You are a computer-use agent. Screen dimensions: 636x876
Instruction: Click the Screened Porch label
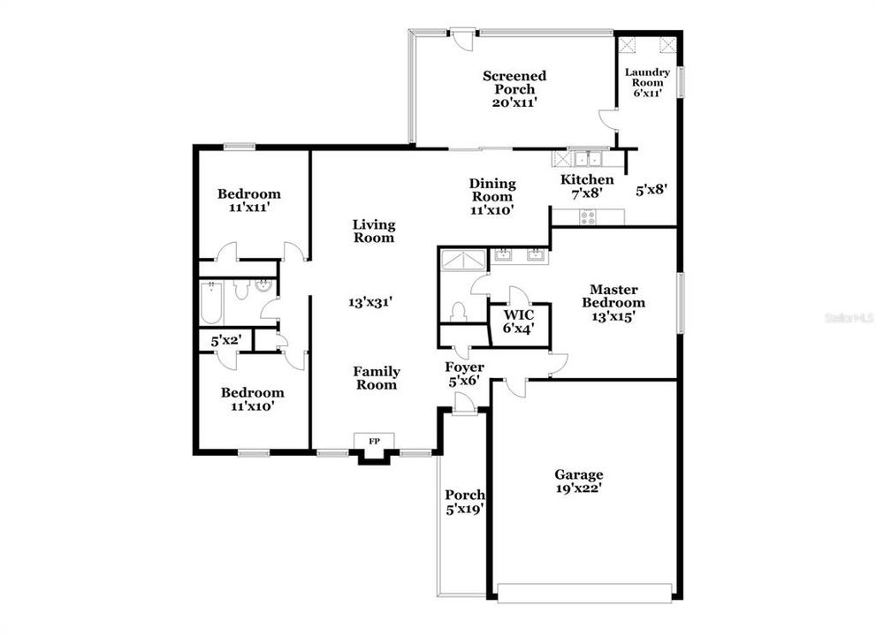pyautogui.click(x=514, y=88)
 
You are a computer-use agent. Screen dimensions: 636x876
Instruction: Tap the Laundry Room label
pyautogui.click(x=647, y=82)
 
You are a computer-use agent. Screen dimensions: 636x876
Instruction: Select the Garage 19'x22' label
pyautogui.click(x=579, y=481)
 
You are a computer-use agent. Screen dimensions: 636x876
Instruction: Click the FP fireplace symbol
pyautogui.click(x=374, y=439)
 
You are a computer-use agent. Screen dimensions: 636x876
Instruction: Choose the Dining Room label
pyautogui.click(x=492, y=196)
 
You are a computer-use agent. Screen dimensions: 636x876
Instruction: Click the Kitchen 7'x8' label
pyautogui.click(x=587, y=185)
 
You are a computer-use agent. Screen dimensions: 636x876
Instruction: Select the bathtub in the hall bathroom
pyautogui.click(x=212, y=302)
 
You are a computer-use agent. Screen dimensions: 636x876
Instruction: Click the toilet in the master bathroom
pyautogui.click(x=458, y=313)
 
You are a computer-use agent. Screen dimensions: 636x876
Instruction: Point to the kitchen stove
pyautogui.click(x=588, y=216)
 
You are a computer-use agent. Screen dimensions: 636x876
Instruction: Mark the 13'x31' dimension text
pyautogui.click(x=369, y=301)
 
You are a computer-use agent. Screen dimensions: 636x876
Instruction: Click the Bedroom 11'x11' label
pyautogui.click(x=249, y=200)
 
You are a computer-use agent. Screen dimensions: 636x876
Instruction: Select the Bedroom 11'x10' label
pyautogui.click(x=253, y=399)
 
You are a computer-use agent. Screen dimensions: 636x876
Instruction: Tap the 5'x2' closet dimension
pyautogui.click(x=225, y=339)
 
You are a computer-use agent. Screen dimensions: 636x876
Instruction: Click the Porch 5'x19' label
pyautogui.click(x=464, y=502)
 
